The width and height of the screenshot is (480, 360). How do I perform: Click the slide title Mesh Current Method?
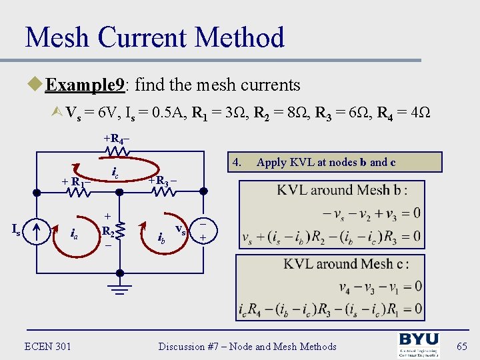coord(155,37)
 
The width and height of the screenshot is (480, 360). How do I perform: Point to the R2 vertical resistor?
coord(120,231)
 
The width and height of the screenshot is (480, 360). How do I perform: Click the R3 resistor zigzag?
coord(162,192)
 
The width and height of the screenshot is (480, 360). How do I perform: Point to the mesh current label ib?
coord(161,237)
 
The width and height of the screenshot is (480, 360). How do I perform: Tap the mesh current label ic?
coord(115,175)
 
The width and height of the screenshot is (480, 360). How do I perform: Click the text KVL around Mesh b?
coord(342,190)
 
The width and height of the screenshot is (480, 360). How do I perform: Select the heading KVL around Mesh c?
coord(346,263)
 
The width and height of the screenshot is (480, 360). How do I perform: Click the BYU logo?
coord(419,345)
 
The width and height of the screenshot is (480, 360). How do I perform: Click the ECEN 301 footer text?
coord(47,346)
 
